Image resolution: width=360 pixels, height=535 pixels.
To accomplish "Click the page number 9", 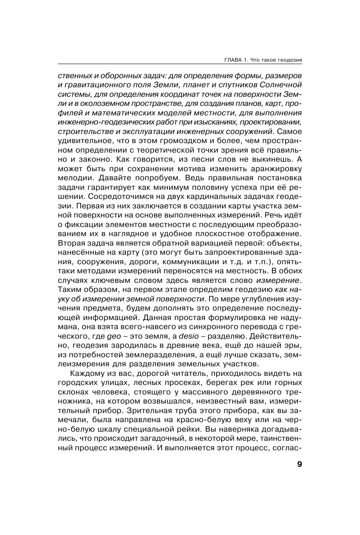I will point(299,464).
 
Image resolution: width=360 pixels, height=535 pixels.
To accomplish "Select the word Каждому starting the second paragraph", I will point(86,374).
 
